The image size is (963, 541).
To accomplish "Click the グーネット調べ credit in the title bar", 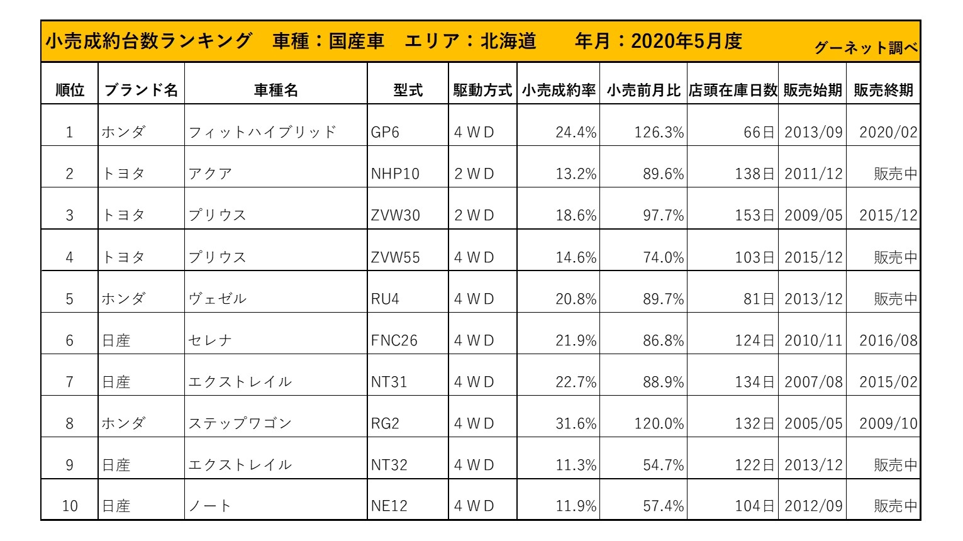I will coord(866,48).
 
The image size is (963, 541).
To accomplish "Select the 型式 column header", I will coord(408,90).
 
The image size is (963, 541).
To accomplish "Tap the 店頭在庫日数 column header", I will coord(733,90).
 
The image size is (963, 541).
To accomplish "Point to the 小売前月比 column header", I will coord(643,90).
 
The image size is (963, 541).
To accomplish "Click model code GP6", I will coord(385,132).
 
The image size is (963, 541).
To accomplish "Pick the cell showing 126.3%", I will coord(659,132).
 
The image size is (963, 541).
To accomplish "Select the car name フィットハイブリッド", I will coord(262,132).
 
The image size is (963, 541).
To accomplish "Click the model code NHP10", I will coord(395,174).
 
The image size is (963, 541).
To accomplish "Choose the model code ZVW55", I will coord(395,257).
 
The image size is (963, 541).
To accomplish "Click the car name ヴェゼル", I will coord(218,299).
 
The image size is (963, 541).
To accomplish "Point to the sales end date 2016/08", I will coord(888,340).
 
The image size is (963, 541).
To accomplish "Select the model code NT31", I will coord(389,382).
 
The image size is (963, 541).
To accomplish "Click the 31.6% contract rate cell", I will coord(576,423).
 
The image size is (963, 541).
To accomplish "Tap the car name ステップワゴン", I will coord(240,423).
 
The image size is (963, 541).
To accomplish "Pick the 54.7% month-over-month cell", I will coord(663,465).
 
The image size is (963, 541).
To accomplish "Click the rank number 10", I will coord(70,506).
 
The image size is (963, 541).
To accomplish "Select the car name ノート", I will coord(209,506).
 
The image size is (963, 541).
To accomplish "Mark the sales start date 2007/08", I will coord(813,382).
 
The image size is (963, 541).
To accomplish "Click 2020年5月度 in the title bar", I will coord(686,41).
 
